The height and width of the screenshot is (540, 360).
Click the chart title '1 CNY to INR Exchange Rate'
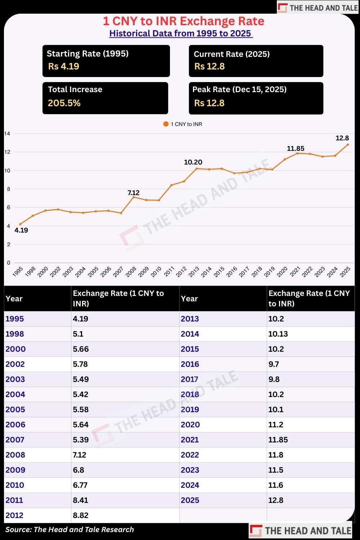pyautogui.click(x=184, y=21)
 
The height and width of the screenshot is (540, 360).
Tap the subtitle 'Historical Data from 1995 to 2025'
pyautogui.click(x=181, y=33)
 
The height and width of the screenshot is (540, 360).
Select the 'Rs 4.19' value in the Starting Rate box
pyautogui.click(x=64, y=66)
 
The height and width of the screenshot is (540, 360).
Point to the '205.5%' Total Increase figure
pyautogui.click(x=64, y=103)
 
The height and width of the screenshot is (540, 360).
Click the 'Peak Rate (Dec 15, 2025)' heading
pyautogui.click(x=239, y=89)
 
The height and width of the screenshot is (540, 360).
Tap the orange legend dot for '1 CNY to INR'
pyautogui.click(x=166, y=124)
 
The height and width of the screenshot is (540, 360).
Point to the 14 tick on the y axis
pyautogui.click(x=7, y=134)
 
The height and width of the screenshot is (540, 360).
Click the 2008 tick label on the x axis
pyautogui.click(x=131, y=271)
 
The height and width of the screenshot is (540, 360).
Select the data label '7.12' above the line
pyautogui.click(x=134, y=193)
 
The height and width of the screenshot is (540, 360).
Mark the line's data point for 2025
pyautogui.click(x=347, y=144)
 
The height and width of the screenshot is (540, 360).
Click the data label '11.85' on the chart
pyautogui.click(x=296, y=148)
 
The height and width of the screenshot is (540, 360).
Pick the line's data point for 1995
pyautogui.click(x=20, y=224)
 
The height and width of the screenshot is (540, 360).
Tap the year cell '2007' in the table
pyautogui.click(x=15, y=440)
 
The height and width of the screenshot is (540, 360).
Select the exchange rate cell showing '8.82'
pyautogui.click(x=81, y=515)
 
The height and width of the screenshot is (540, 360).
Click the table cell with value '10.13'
pyautogui.click(x=278, y=334)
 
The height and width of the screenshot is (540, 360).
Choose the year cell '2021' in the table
pyautogui.click(x=190, y=440)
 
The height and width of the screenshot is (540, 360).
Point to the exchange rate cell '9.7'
pyautogui.click(x=274, y=364)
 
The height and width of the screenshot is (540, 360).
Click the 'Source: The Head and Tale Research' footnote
pyautogui.click(x=69, y=530)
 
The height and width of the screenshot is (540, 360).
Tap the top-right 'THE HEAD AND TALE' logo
pyautogui.click(x=318, y=8)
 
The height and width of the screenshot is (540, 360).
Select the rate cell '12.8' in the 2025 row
pyautogui.click(x=276, y=500)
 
